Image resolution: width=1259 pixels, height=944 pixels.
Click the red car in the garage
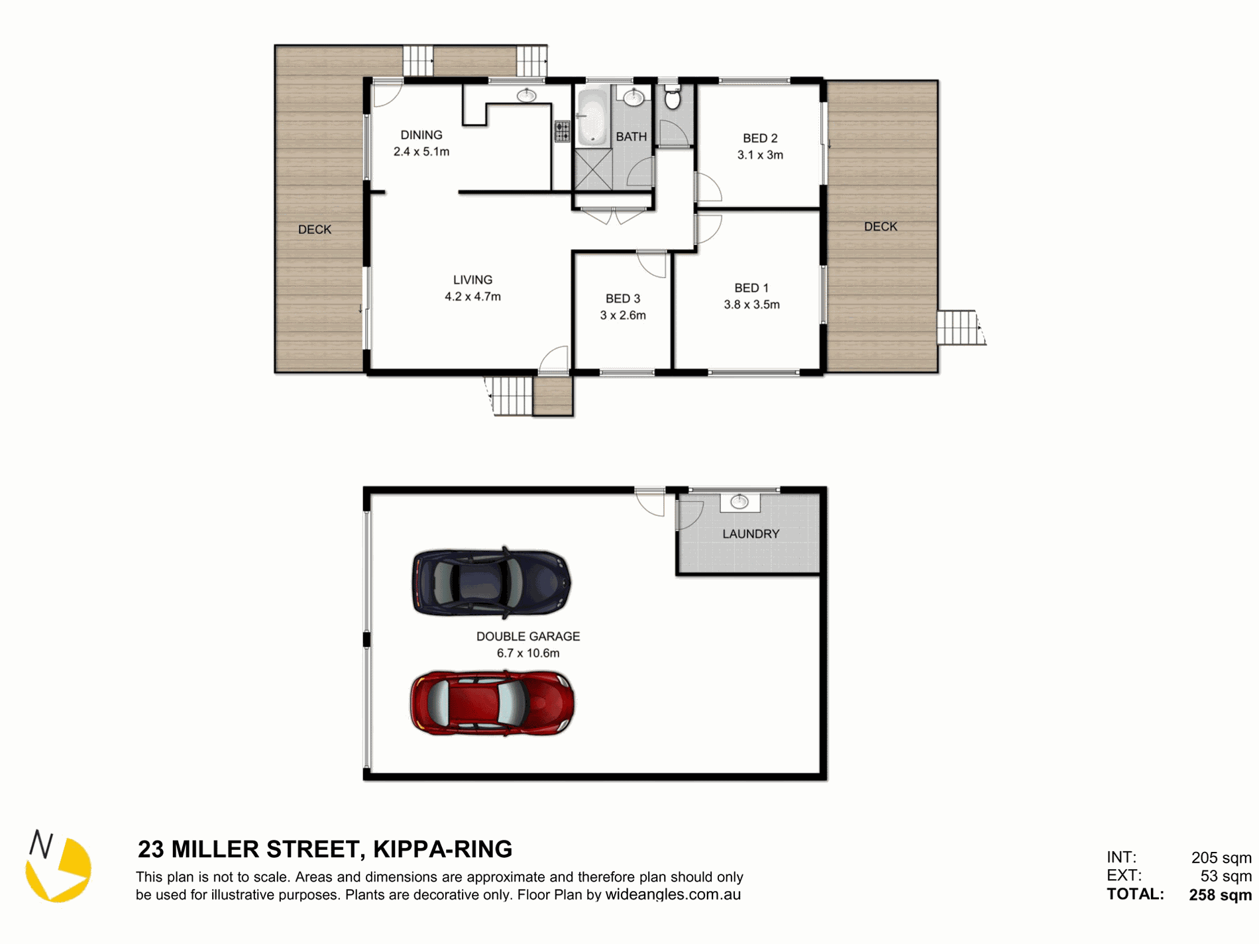(492, 703)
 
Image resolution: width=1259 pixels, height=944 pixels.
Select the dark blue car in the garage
(491, 582)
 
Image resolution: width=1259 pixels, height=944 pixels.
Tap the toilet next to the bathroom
(672, 96)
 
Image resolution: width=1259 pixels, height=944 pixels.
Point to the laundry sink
(739, 502)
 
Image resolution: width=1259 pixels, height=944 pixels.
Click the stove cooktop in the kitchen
(562, 131)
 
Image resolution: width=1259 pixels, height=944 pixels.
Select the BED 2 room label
(760, 138)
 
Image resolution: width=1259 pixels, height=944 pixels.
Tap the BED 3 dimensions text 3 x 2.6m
(623, 315)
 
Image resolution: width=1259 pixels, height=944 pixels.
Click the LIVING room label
(472, 280)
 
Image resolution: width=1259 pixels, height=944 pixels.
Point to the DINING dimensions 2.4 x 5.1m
(421, 152)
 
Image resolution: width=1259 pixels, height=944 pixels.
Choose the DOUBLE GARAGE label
(528, 637)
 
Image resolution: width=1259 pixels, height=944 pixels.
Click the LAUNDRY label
(751, 534)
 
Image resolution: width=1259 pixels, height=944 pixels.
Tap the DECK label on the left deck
(315, 230)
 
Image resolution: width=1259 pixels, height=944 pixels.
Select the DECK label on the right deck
(881, 227)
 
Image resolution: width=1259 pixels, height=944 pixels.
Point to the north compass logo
(58, 866)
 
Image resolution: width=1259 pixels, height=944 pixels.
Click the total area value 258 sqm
(1220, 895)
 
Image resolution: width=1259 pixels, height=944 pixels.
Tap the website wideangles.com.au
(673, 895)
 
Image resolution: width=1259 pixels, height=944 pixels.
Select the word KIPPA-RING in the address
(443, 849)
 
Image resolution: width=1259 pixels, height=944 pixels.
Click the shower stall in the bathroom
(594, 170)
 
